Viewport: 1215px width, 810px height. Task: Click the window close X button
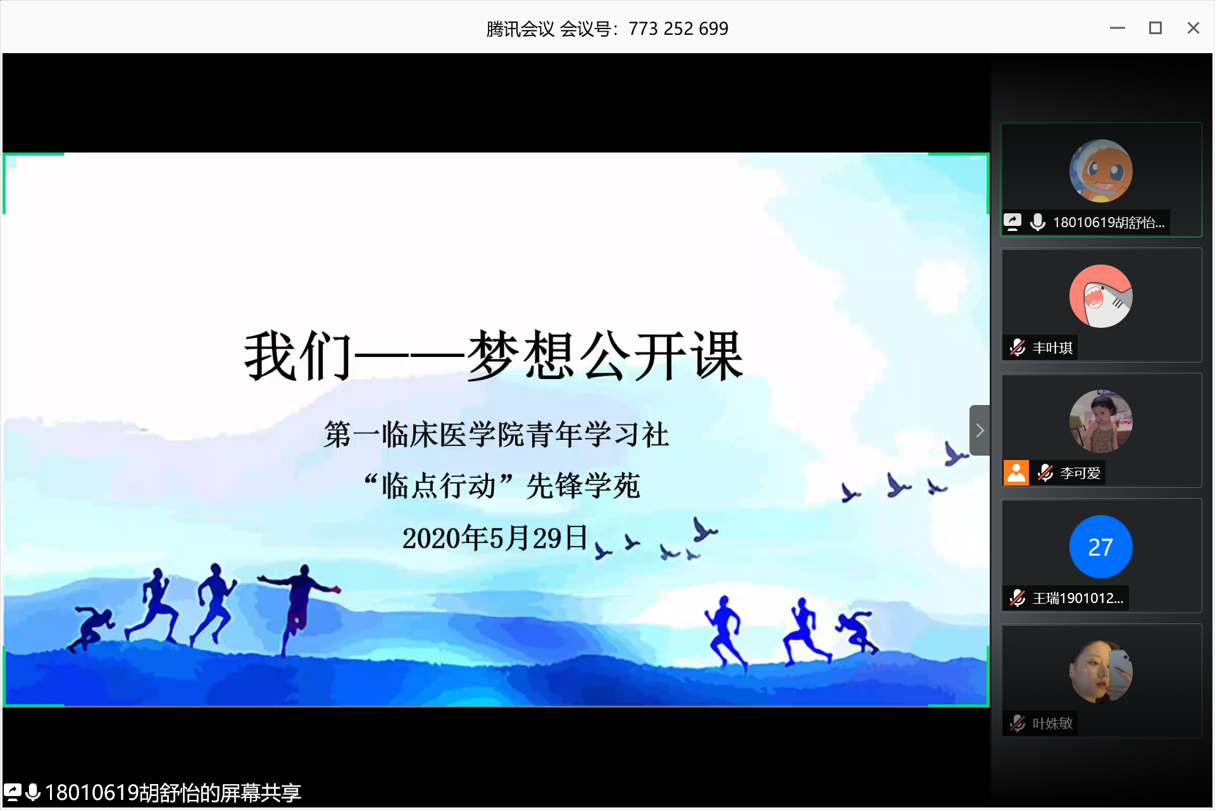click(x=1193, y=28)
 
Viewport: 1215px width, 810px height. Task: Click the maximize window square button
click(x=1155, y=28)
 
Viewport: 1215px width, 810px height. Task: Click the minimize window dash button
click(x=1117, y=28)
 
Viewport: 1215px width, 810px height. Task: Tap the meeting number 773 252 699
click(x=678, y=28)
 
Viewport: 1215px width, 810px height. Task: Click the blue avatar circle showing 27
click(x=1100, y=547)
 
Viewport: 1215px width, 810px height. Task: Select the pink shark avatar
click(x=1100, y=296)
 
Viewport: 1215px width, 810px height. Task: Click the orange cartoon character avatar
click(x=1100, y=171)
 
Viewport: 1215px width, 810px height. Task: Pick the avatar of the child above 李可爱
click(x=1100, y=421)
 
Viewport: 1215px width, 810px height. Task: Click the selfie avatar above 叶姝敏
click(x=1100, y=672)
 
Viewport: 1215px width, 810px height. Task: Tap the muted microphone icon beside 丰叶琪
click(x=1018, y=347)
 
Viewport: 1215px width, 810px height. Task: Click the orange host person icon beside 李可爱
click(x=1016, y=473)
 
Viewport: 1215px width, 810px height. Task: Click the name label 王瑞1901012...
click(x=1078, y=598)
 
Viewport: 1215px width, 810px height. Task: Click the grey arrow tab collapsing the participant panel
click(x=980, y=430)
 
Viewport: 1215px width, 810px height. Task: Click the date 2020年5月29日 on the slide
click(x=495, y=538)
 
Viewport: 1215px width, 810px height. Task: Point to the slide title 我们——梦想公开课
click(x=494, y=356)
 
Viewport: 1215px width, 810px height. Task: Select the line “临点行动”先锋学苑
click(x=502, y=486)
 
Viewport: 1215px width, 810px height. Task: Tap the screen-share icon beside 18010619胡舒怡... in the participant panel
click(x=1012, y=222)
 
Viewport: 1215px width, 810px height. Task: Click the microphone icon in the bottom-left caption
click(x=33, y=792)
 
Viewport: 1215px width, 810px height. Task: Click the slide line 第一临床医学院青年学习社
click(x=497, y=435)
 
